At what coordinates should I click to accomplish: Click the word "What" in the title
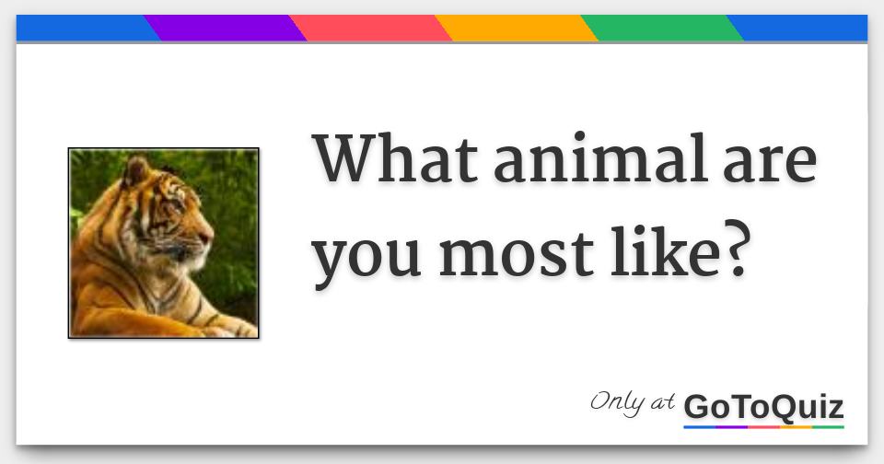click(x=394, y=159)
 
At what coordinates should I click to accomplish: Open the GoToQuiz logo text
click(x=763, y=406)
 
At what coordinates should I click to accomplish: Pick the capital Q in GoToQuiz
click(x=782, y=407)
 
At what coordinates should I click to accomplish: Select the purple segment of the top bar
click(x=225, y=29)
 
